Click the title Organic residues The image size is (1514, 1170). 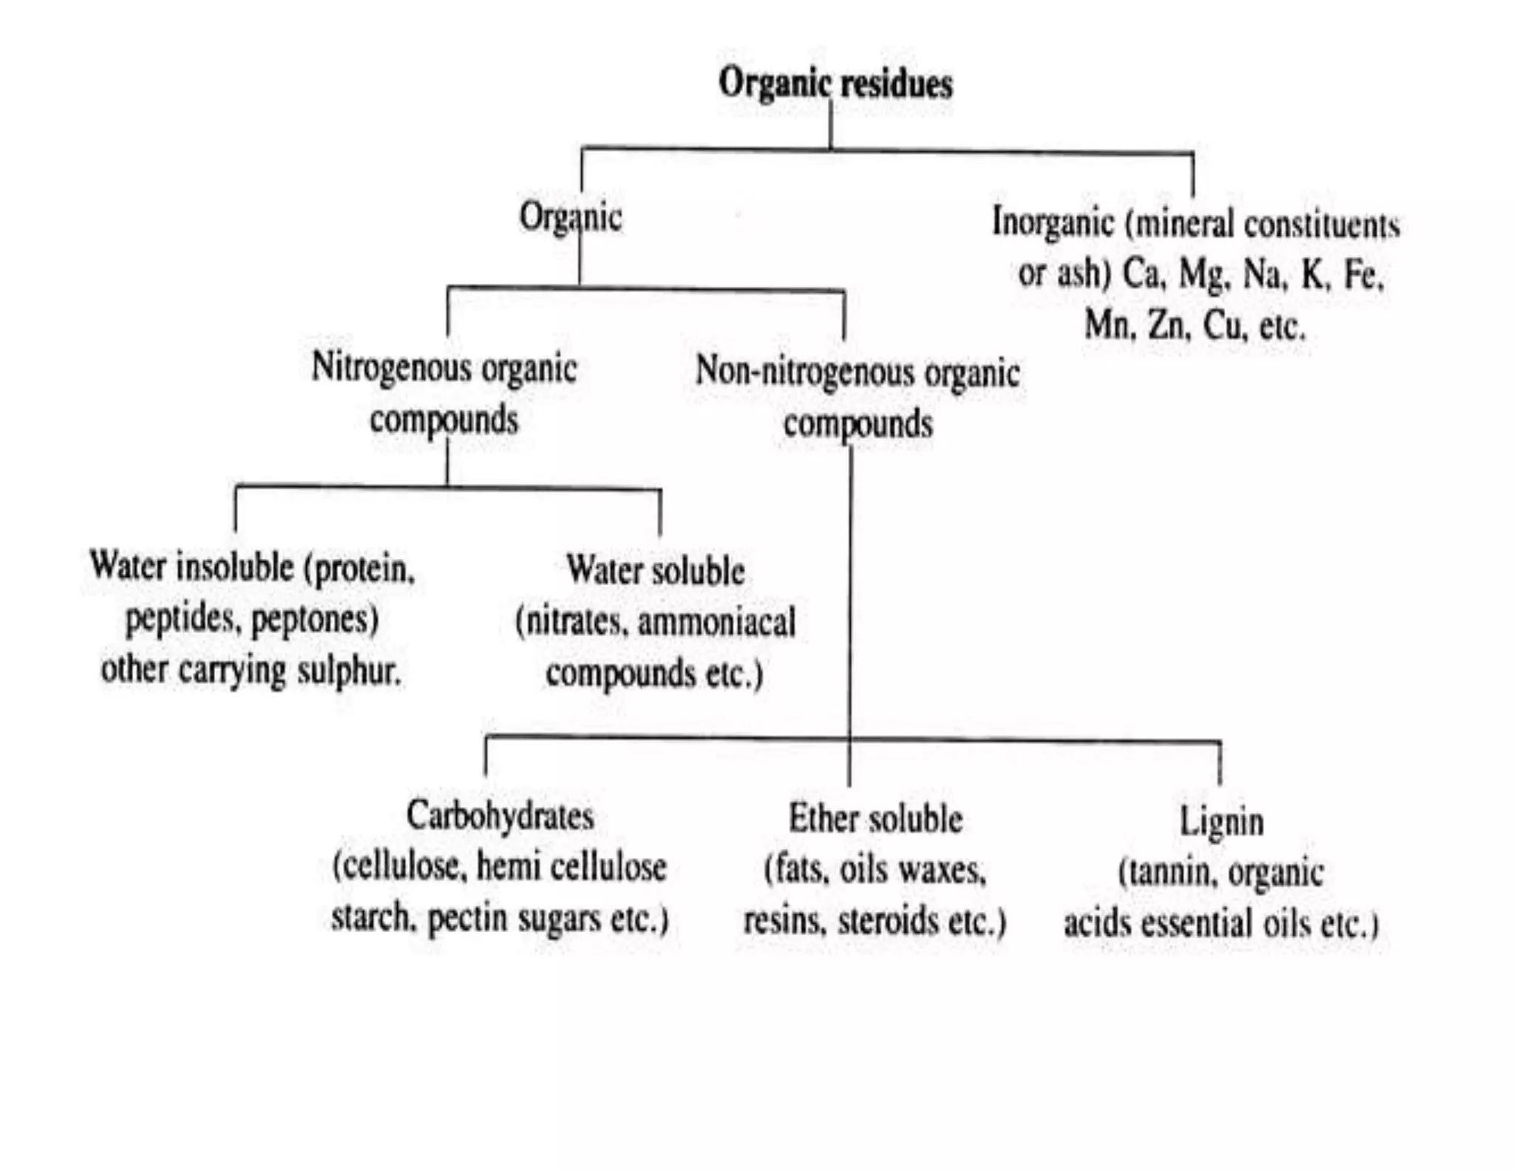[x=835, y=83]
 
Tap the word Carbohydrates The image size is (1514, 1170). [x=500, y=816]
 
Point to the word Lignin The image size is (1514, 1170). [x=1221, y=822]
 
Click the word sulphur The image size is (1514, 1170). [x=348, y=671]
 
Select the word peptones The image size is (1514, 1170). [x=315, y=619]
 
